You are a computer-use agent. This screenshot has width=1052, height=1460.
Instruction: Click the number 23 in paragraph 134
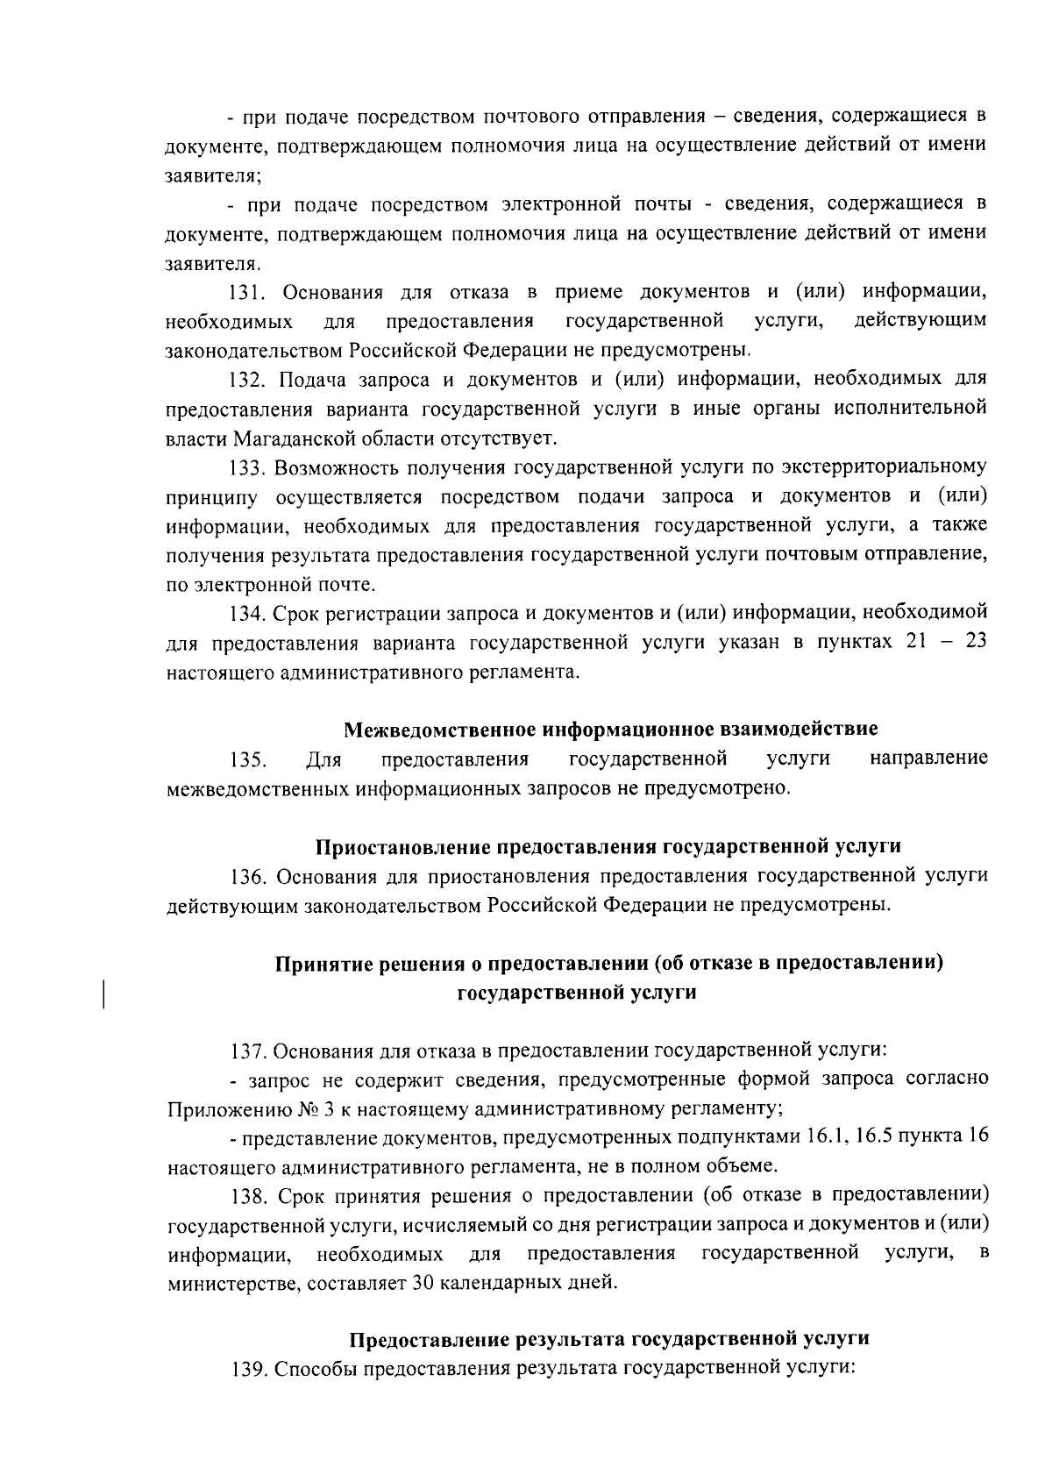coord(976,642)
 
